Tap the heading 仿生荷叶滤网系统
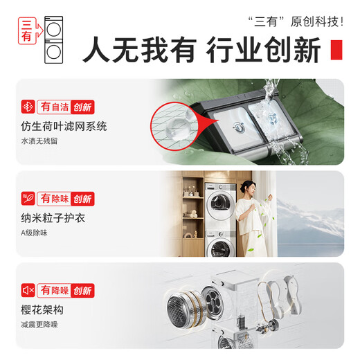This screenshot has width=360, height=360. [64, 127]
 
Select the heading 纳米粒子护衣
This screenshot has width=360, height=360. [54, 218]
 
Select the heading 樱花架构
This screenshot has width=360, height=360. [44, 309]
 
